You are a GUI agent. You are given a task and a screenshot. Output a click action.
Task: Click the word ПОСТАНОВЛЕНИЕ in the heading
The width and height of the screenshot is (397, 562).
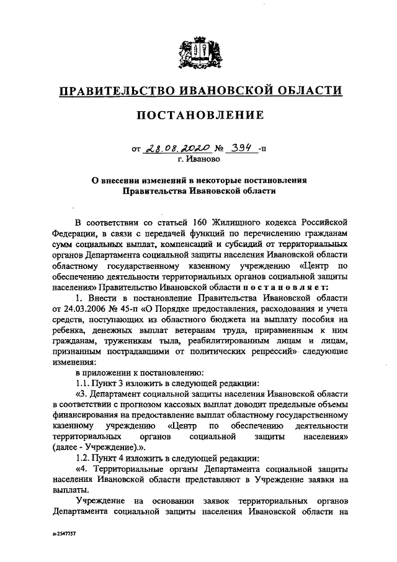(198, 116)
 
